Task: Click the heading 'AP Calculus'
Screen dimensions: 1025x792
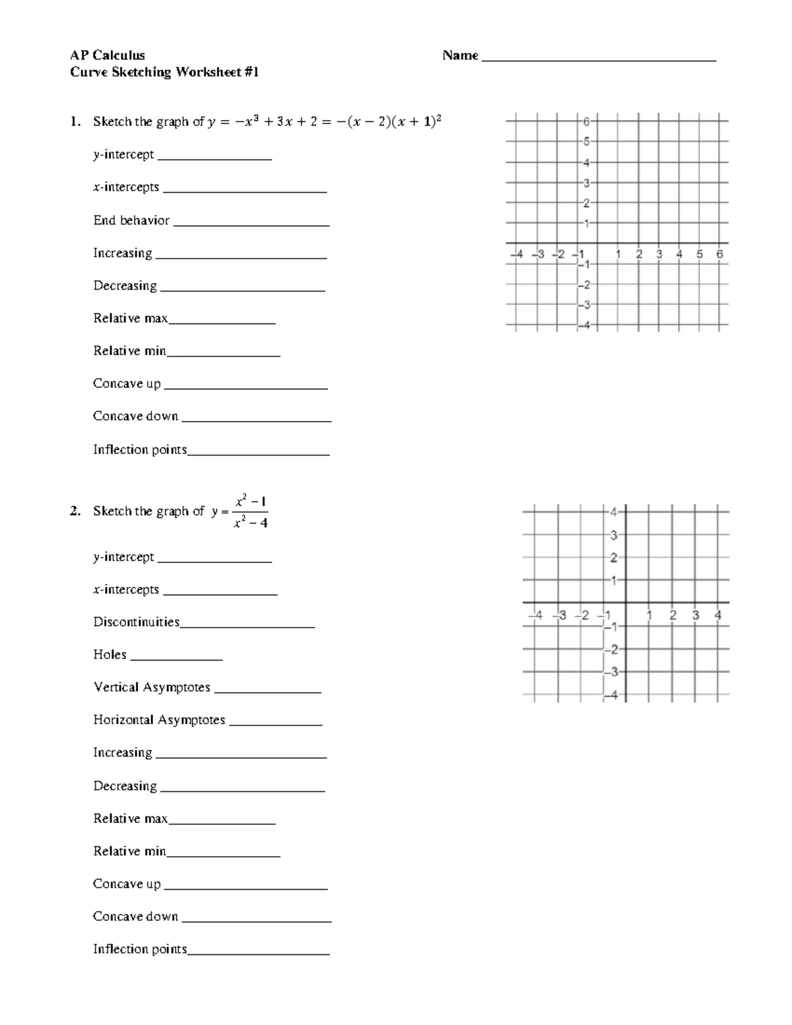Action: [108, 55]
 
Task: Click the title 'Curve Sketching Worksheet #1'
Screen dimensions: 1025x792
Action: [164, 72]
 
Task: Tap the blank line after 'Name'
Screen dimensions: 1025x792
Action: [599, 59]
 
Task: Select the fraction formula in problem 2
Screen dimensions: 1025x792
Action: [250, 512]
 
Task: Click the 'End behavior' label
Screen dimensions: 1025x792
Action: [131, 220]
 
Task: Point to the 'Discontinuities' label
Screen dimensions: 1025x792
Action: [136, 622]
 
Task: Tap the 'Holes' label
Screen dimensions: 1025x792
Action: [110, 655]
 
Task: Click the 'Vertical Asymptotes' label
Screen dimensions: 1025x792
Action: [152, 687]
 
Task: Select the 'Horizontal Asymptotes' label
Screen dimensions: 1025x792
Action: [159, 720]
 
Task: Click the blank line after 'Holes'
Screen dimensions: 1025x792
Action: [176, 659]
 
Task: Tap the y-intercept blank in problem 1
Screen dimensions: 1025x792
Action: [214, 158]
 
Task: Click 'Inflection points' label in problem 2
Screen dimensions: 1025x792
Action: [140, 949]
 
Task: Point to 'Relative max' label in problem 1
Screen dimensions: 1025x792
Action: [130, 318]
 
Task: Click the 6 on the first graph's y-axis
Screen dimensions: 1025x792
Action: [586, 121]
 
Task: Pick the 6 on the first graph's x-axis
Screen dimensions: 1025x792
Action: [719, 254]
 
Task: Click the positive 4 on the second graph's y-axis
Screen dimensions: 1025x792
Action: [613, 512]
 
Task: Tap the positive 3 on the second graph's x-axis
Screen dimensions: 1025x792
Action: [696, 615]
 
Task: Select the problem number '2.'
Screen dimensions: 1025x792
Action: [76, 512]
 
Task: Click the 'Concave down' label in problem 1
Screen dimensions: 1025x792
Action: [135, 416]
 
